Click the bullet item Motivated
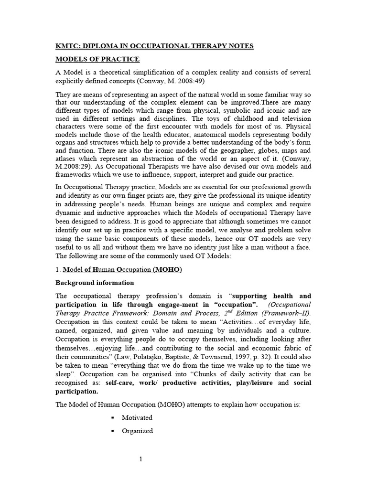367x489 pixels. [x=137, y=417]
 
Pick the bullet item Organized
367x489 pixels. [x=137, y=431]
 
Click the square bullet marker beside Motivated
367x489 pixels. [x=113, y=418]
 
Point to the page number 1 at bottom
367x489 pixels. [x=141, y=459]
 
